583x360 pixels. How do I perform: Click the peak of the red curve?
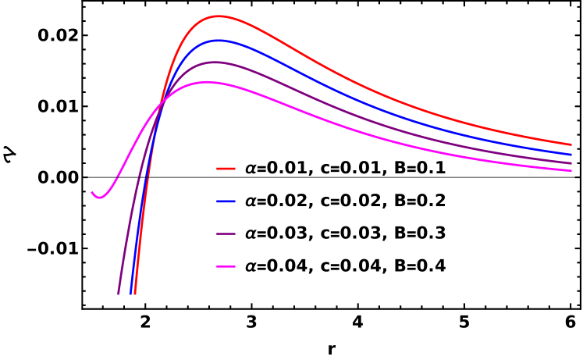point(218,16)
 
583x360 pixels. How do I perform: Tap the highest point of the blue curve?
point(218,40)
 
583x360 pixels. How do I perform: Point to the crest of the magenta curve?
point(208,82)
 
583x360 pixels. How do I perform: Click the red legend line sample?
point(226,169)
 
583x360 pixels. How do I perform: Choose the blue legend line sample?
point(226,201)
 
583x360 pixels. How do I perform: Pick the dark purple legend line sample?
point(226,234)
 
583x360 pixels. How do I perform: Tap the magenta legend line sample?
point(226,267)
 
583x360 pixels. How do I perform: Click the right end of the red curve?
point(571,144)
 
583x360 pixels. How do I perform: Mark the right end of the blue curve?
point(571,155)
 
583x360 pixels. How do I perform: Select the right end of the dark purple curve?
point(571,163)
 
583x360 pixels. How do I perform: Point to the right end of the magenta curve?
point(571,171)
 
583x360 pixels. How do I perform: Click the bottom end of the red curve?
point(135,294)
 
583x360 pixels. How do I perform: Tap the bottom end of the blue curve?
point(130,294)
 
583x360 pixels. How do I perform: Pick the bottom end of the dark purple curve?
point(119,294)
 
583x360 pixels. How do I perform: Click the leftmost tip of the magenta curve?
point(92,192)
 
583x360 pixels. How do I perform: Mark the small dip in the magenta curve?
point(99,198)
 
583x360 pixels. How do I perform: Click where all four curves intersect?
point(162,103)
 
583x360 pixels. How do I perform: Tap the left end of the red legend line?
point(218,169)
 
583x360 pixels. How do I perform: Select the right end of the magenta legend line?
point(234,267)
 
